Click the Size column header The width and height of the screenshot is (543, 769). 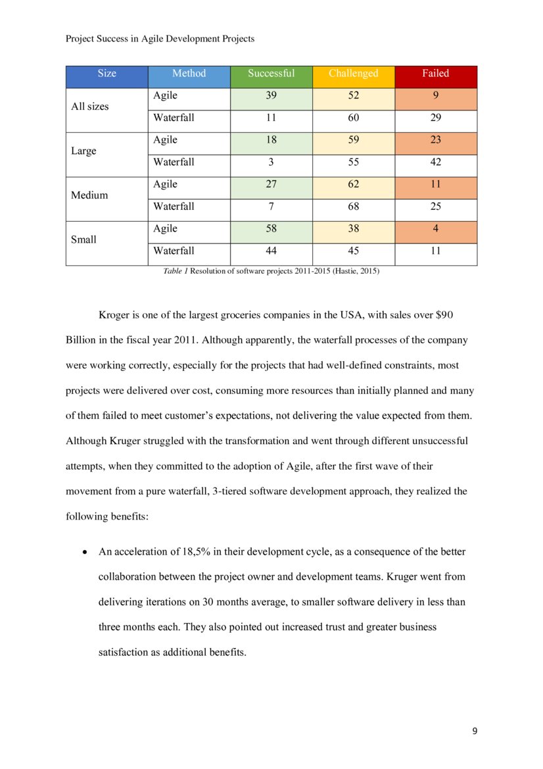106,74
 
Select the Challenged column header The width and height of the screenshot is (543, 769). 353,74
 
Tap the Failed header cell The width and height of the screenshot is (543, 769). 435,74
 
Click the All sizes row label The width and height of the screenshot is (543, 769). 90,107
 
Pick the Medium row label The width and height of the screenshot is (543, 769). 89,195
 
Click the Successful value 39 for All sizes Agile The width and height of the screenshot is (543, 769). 271,96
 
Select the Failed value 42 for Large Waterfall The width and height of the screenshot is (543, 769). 435,162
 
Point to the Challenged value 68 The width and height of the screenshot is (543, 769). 353,207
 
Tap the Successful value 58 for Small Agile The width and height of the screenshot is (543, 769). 271,229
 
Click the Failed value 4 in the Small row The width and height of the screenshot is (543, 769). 435,229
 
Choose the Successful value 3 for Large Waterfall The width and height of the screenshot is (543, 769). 271,162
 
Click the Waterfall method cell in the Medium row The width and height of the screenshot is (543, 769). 174,207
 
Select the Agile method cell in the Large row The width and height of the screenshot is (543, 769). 165,140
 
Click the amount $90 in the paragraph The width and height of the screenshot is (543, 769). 444,315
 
